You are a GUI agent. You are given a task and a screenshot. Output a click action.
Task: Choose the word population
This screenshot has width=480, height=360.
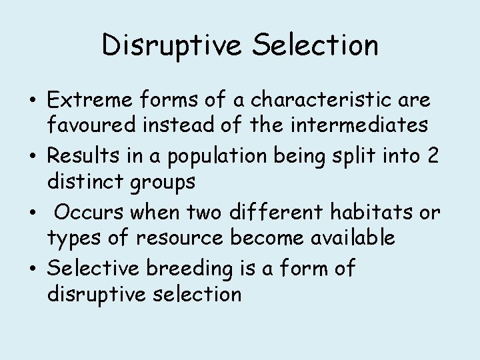pyautogui.click(x=209, y=158)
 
